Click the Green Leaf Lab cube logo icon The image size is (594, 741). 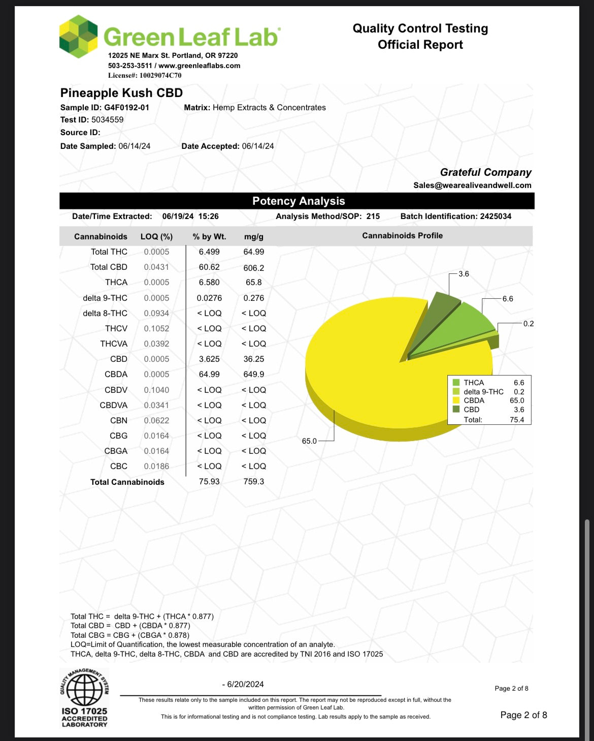point(79,37)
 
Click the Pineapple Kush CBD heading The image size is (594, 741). point(121,93)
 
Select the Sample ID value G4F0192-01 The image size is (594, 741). point(126,108)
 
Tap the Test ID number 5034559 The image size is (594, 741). point(107,120)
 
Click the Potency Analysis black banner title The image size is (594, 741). point(299,201)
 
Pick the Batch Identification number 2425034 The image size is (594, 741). point(496,217)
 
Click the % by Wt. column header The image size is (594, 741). point(209,237)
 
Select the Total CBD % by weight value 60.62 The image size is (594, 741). point(209,267)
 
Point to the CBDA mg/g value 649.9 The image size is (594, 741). point(254,375)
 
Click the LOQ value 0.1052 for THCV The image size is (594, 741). point(156,329)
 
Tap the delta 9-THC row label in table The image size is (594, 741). point(105,298)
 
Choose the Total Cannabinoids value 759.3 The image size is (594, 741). point(254,482)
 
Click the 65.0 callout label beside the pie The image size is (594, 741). point(309,441)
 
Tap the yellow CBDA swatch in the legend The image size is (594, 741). point(456,400)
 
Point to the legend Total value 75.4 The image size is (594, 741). point(517,420)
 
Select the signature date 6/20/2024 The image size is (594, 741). point(243,685)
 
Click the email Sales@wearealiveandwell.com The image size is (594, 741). point(472,186)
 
